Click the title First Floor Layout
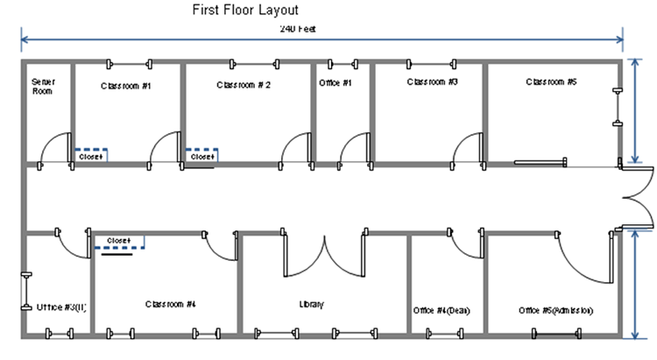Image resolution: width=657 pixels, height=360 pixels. (246, 11)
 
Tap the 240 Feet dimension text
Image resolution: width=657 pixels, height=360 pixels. (298, 29)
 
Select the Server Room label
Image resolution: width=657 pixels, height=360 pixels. (44, 85)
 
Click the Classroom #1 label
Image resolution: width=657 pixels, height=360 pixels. (126, 86)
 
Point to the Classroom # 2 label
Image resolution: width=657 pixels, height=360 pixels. (244, 85)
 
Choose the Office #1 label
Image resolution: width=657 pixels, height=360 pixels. (336, 83)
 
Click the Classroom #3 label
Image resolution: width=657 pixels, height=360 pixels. (433, 81)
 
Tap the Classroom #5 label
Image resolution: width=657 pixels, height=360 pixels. (551, 81)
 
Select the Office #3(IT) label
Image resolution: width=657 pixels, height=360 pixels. (61, 307)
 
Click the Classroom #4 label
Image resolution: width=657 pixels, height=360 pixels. (170, 304)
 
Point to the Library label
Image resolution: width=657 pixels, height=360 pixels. (312, 305)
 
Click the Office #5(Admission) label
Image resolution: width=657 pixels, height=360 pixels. (556, 310)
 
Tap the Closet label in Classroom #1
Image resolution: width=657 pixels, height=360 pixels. (92, 157)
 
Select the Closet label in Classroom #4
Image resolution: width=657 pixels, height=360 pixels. (118, 240)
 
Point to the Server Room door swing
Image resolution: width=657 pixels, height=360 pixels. (55, 147)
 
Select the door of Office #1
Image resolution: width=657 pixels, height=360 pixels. (355, 147)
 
